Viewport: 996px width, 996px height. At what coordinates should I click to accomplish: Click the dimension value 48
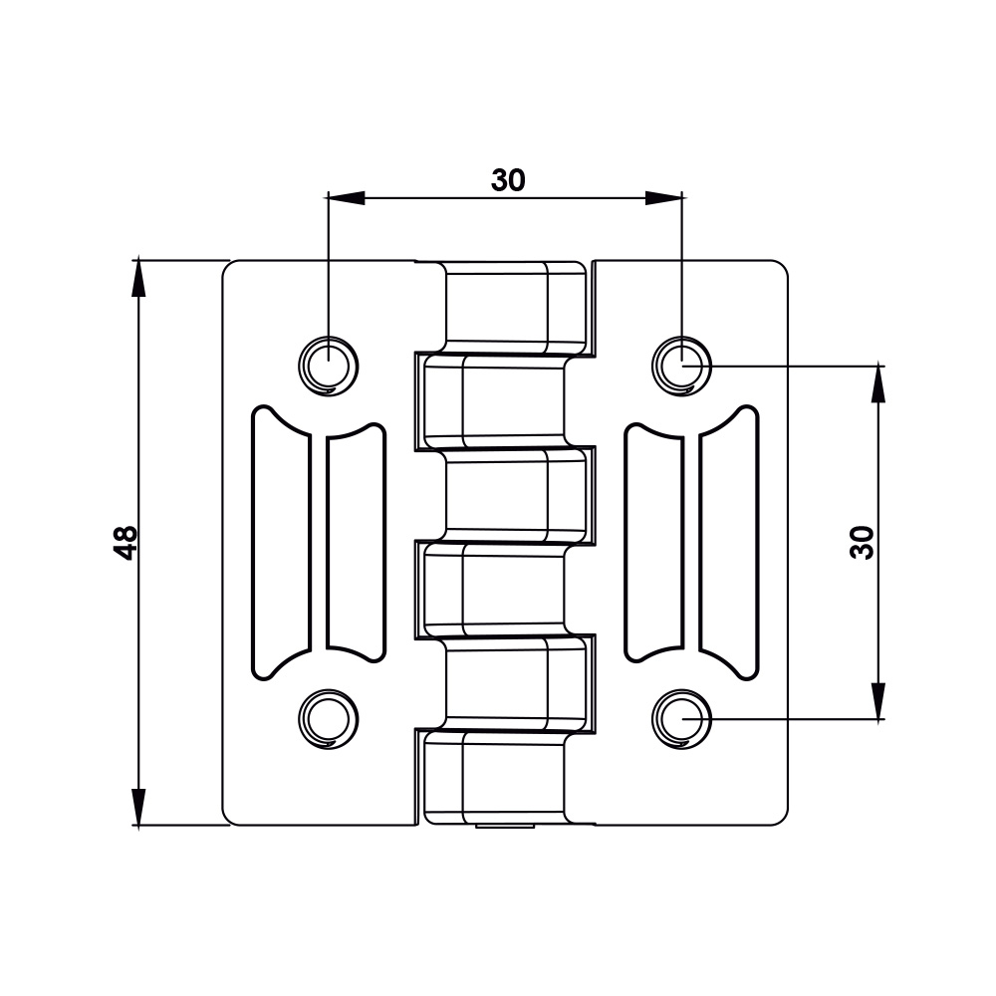click(x=125, y=542)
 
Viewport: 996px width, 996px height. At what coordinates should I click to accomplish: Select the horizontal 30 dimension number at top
click(x=508, y=180)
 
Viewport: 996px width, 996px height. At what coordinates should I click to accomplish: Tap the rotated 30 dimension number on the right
click(x=863, y=542)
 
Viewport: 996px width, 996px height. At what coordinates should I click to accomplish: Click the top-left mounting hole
click(x=326, y=365)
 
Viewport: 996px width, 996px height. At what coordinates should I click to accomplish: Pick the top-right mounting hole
click(x=681, y=365)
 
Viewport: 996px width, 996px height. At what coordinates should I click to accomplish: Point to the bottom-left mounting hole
click(x=326, y=718)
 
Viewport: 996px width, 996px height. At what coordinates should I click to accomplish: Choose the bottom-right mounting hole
click(x=681, y=718)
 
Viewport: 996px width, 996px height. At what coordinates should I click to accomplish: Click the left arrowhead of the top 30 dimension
click(x=345, y=197)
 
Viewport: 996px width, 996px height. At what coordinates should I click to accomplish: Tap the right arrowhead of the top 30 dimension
click(x=663, y=197)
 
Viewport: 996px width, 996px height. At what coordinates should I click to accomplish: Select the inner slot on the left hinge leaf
click(x=356, y=543)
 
